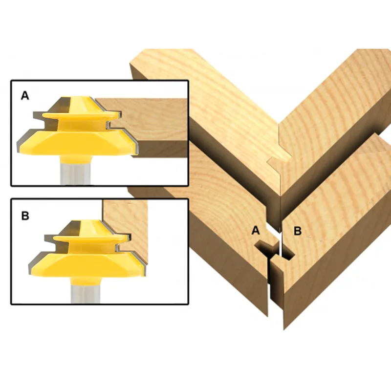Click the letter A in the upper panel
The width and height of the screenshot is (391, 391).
click(25, 95)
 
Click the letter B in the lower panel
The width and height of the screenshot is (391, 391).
click(25, 216)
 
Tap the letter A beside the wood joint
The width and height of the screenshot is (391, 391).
click(256, 230)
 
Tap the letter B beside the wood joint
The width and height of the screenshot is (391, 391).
click(298, 231)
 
